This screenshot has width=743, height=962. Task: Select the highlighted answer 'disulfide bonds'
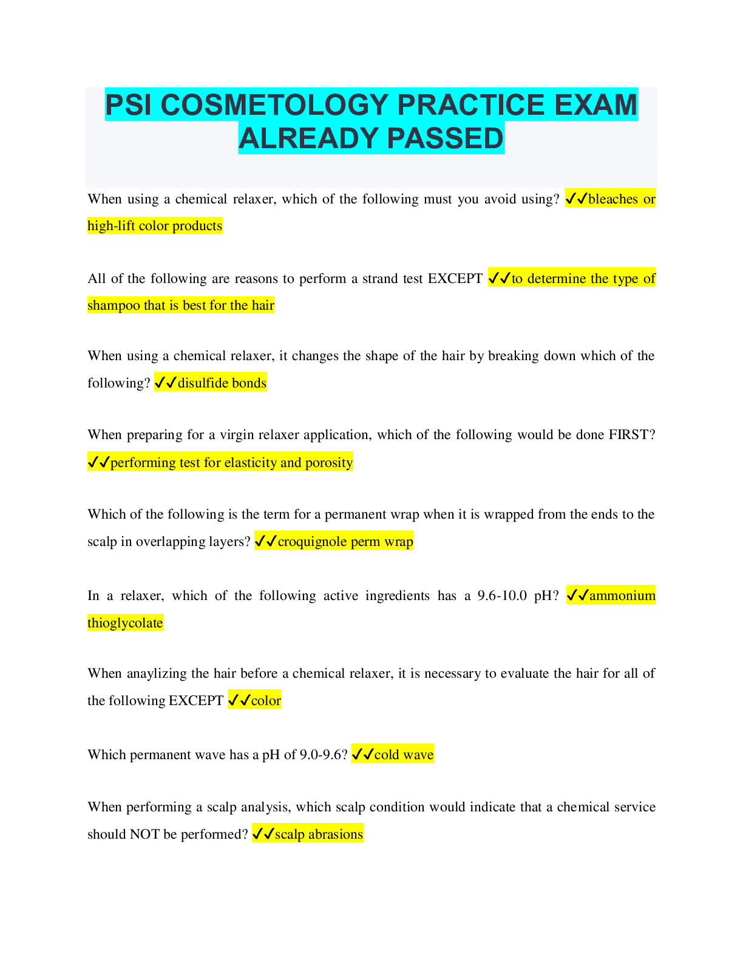(x=222, y=383)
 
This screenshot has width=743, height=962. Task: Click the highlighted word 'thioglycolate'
(x=125, y=623)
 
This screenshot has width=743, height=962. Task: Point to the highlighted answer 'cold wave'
(x=404, y=755)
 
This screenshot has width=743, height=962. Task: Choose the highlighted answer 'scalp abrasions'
(x=319, y=834)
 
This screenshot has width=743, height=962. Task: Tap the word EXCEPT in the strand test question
(x=455, y=279)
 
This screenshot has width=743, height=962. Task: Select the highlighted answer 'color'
(x=266, y=701)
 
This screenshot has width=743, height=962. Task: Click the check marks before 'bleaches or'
(x=576, y=199)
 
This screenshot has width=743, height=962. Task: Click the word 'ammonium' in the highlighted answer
(x=622, y=596)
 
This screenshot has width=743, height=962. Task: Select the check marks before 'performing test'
(x=98, y=463)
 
